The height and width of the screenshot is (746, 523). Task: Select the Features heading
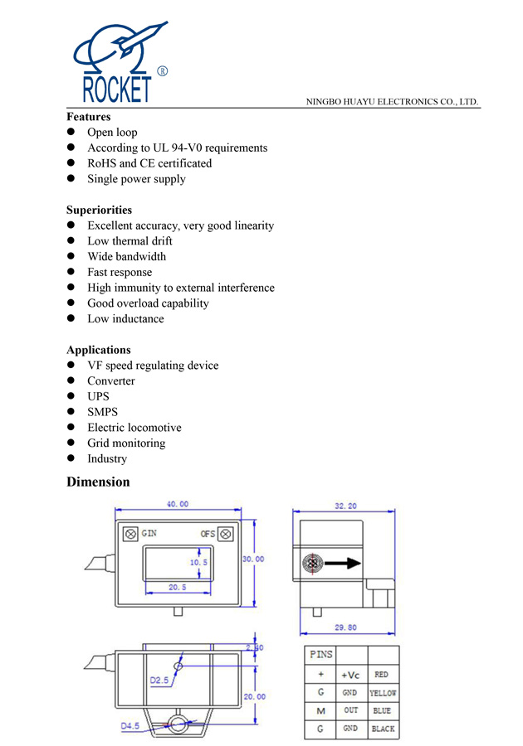[x=88, y=117]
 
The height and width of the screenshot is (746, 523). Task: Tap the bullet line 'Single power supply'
[x=136, y=179]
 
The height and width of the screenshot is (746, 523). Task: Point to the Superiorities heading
[x=99, y=210]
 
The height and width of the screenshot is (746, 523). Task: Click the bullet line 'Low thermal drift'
[x=130, y=241]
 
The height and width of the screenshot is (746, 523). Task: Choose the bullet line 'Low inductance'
[x=125, y=319]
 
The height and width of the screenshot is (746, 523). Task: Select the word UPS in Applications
[x=98, y=397]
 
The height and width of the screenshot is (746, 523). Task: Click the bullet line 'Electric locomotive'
[x=134, y=428]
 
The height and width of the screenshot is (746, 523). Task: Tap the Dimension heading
[x=98, y=482]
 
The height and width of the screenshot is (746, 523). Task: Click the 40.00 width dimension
[x=178, y=504]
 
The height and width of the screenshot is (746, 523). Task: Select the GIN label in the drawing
[x=149, y=533]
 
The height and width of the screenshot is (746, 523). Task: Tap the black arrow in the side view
[x=342, y=564]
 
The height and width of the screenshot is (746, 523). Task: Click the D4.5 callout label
[x=130, y=727]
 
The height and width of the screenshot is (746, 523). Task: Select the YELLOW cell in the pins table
[x=383, y=693]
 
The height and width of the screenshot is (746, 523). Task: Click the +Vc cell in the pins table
[x=350, y=675]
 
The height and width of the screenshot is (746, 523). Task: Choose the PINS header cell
[x=321, y=655]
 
